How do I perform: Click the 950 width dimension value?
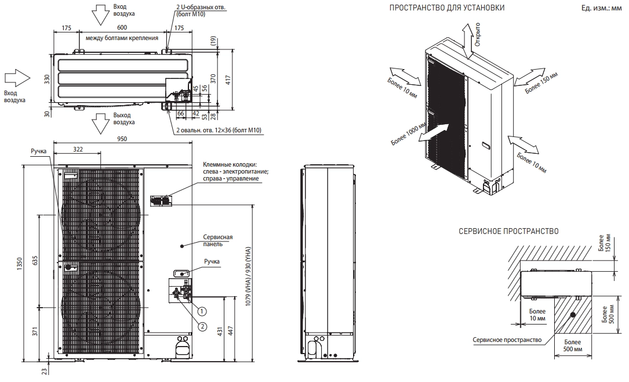coord(122,139)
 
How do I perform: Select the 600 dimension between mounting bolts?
coord(122,28)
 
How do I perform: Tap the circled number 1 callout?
coord(202,311)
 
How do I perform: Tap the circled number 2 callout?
coord(202,327)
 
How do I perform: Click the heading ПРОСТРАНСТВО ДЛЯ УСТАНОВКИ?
coord(447,8)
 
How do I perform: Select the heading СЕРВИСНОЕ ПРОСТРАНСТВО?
coord(508,232)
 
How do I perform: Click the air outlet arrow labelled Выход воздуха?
coord(99,123)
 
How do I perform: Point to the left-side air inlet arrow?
coord(17,78)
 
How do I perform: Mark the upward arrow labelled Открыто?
coord(467,40)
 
